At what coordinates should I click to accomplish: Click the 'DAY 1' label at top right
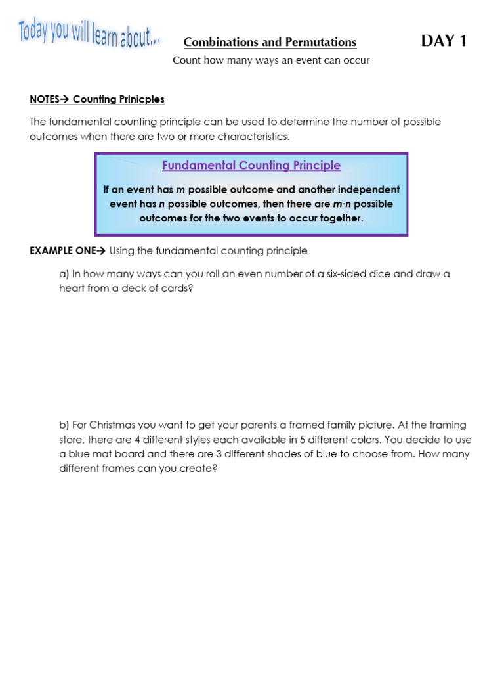tap(444, 41)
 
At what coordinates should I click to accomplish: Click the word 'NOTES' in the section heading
tap(45, 99)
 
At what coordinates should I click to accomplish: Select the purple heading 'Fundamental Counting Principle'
tap(251, 166)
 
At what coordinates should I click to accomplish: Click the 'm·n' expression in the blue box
tap(344, 204)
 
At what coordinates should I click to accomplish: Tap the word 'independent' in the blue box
tap(371, 189)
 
